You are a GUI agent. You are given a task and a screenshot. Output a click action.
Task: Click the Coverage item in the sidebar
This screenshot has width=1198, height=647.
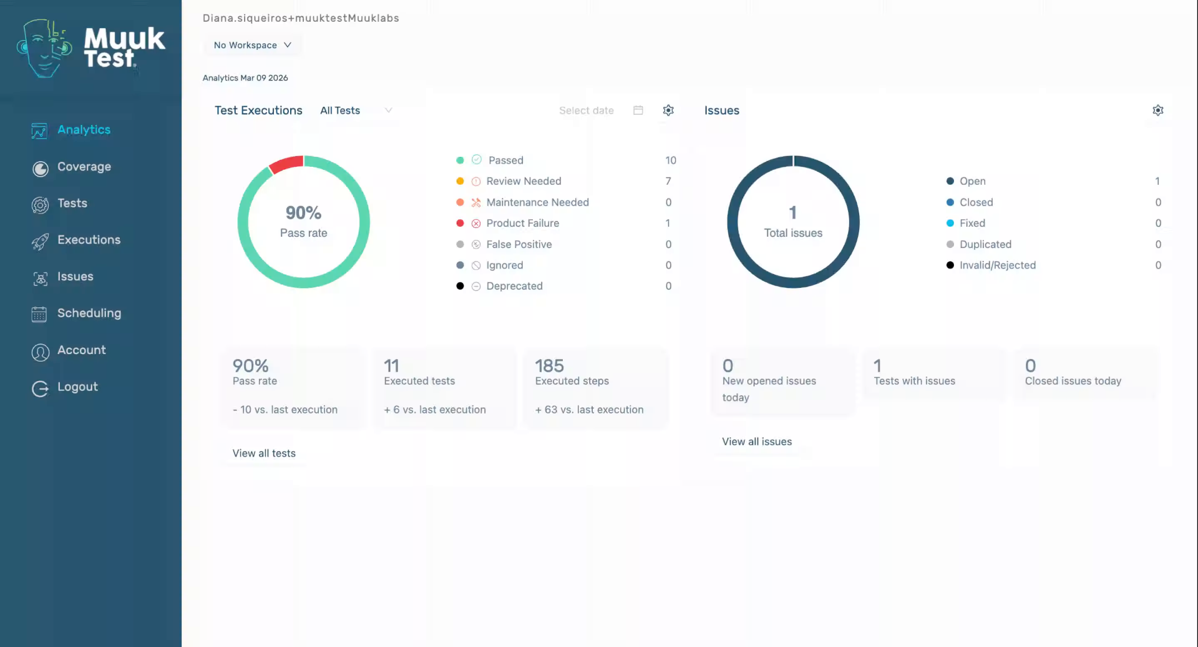pos(84,167)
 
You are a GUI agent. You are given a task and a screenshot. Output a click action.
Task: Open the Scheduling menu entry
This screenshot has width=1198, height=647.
pos(89,313)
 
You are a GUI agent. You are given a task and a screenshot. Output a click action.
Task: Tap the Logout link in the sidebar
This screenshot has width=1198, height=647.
pos(77,387)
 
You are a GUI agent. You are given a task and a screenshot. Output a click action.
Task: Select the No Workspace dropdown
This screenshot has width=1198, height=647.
pos(253,45)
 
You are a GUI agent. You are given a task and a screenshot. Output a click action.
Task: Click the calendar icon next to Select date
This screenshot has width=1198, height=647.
pos(638,111)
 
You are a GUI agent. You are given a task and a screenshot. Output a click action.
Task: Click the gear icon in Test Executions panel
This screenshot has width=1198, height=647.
pos(668,111)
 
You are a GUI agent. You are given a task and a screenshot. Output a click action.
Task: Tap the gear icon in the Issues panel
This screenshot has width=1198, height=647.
pos(1157,111)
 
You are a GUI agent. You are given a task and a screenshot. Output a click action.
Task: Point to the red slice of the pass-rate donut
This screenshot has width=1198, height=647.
pos(286,164)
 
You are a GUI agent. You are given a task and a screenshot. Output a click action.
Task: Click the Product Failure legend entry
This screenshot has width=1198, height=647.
pos(522,223)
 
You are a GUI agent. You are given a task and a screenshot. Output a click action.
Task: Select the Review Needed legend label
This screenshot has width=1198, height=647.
pos(524,181)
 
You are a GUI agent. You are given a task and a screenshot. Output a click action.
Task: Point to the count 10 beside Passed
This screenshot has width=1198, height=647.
pos(670,161)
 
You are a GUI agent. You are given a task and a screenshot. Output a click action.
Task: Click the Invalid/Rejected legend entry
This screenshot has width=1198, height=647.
pos(997,265)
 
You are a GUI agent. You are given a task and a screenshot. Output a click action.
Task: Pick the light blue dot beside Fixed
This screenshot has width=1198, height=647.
pos(950,223)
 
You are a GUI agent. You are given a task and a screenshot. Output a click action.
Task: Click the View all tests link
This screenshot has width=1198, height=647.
pos(264,453)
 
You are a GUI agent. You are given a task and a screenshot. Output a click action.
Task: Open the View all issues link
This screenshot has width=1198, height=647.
pos(757,442)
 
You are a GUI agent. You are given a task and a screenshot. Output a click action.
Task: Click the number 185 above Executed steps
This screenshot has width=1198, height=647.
pos(549,365)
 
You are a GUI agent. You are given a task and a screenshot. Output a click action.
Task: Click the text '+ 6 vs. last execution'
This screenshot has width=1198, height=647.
pos(435,410)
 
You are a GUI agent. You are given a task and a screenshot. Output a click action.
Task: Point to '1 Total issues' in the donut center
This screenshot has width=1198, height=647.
pos(793,222)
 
